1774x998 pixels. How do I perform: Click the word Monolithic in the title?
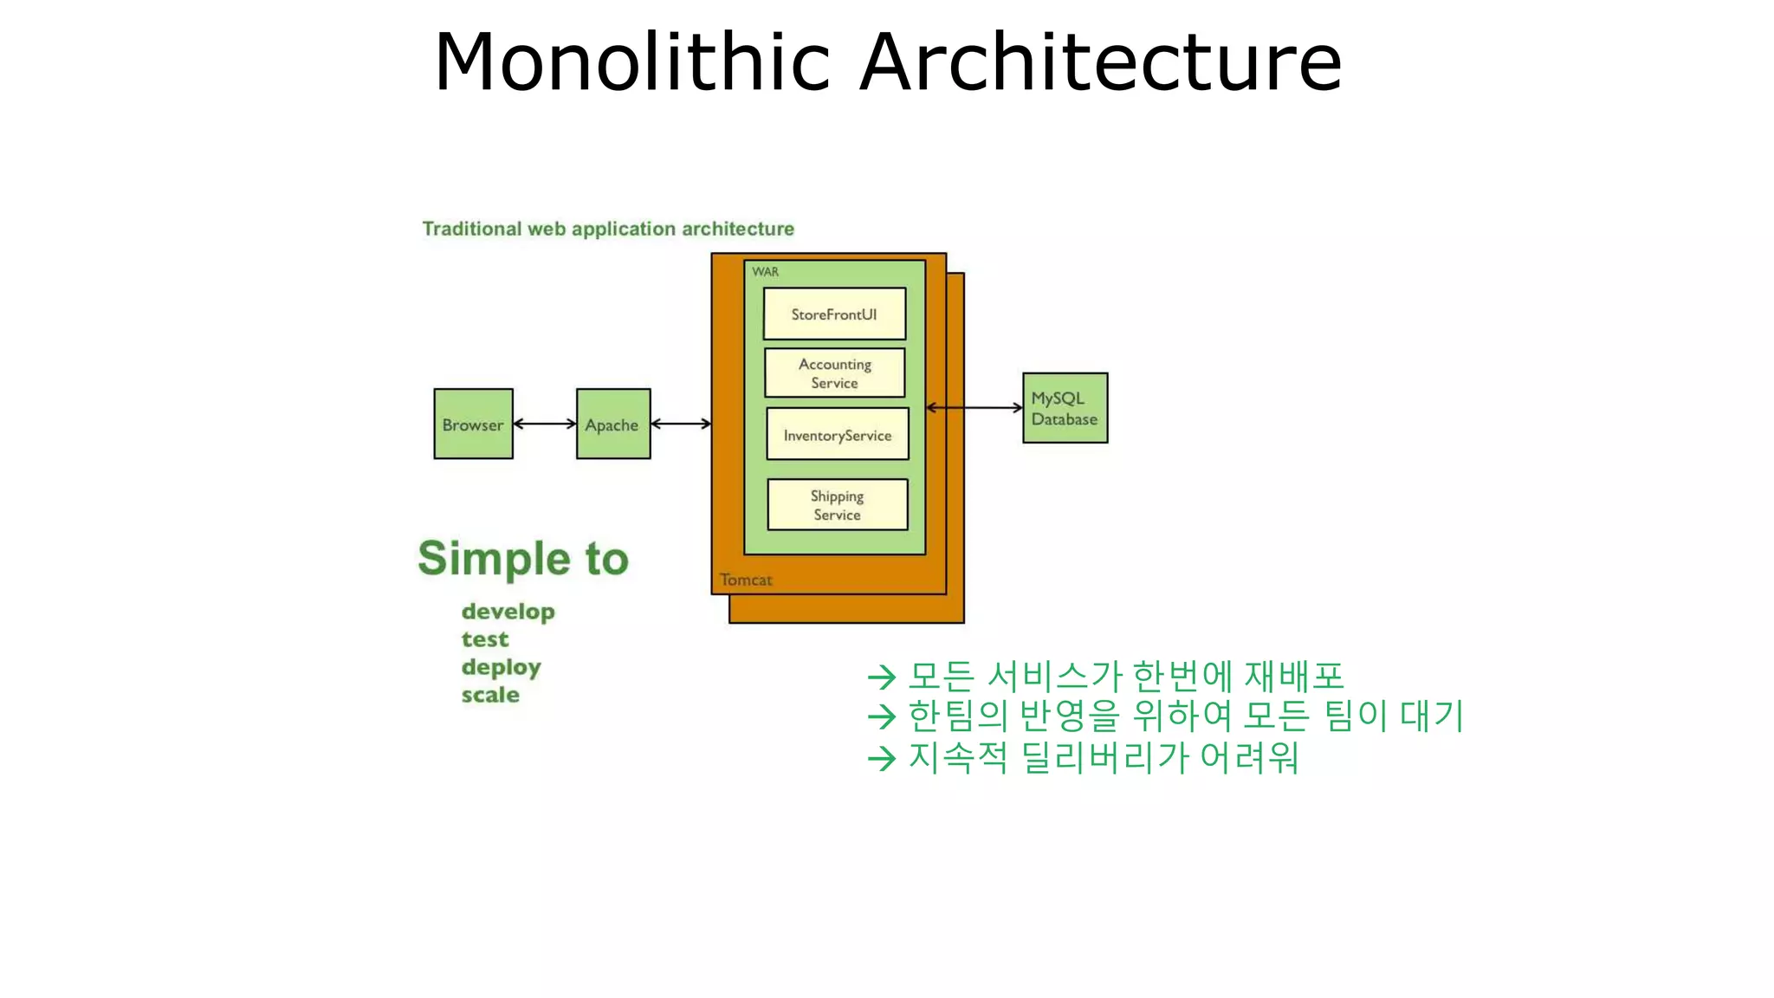coord(632,62)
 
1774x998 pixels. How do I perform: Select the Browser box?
coord(473,424)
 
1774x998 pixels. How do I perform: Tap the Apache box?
coord(613,424)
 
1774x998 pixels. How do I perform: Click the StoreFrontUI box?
coord(834,314)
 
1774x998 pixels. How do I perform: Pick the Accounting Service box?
coord(835,373)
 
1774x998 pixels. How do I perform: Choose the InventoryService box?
coord(838,434)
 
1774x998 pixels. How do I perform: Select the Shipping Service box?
coord(838,504)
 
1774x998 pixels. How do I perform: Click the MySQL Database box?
coord(1065,408)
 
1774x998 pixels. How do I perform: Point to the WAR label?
coord(765,272)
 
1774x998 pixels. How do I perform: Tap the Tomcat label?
coord(746,580)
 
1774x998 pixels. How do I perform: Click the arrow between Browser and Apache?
coord(545,424)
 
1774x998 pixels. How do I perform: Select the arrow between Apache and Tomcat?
coord(681,424)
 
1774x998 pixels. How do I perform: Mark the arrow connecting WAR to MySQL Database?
coord(974,407)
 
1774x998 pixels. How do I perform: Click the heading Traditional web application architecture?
coord(608,229)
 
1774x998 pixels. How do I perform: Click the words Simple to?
coord(523,559)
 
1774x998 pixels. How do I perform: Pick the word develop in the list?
coord(508,612)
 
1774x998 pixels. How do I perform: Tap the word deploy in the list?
coord(501,667)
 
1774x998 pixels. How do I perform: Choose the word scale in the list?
coord(490,695)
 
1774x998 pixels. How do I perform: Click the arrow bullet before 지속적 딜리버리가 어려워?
coord(881,759)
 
